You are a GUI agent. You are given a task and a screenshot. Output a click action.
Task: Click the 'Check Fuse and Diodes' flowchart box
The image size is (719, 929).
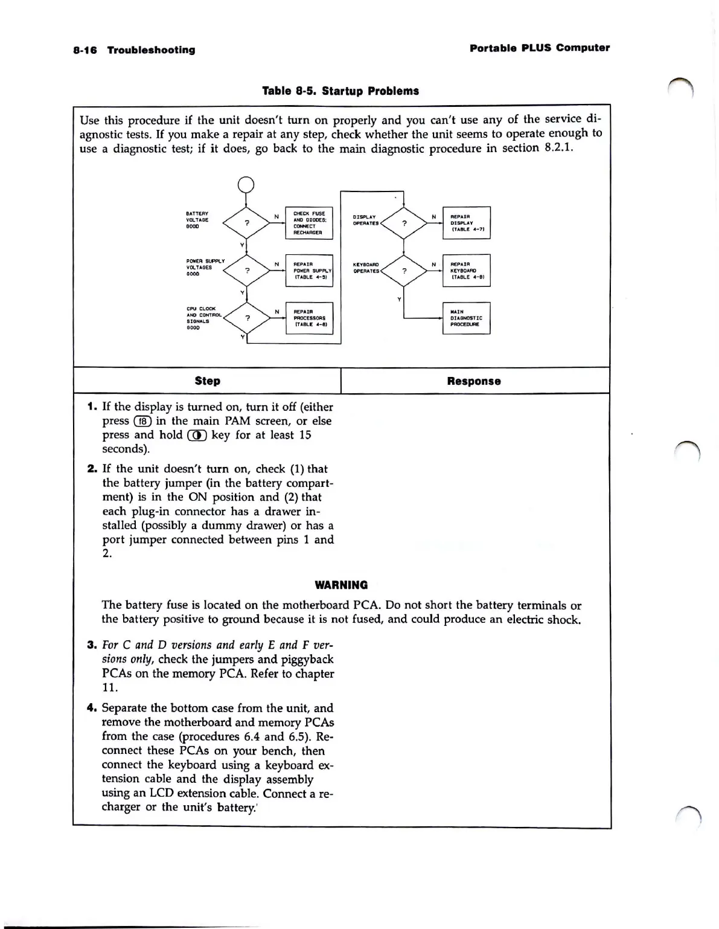(308, 223)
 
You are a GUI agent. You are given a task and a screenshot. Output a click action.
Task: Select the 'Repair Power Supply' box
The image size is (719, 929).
(308, 271)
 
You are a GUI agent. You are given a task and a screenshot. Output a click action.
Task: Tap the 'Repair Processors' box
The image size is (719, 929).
(308, 318)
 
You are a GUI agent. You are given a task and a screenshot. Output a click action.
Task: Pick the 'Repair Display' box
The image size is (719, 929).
(466, 223)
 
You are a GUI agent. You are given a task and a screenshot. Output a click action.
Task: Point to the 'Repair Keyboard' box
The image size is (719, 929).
(466, 271)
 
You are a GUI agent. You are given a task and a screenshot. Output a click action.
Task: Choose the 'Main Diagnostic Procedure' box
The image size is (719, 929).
(466, 318)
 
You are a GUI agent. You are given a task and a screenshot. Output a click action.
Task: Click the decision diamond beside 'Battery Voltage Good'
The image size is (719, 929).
(246, 223)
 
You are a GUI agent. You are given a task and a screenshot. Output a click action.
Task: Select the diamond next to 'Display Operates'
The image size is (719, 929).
(404, 223)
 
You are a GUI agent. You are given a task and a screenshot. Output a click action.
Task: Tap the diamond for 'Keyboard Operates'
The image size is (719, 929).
(404, 271)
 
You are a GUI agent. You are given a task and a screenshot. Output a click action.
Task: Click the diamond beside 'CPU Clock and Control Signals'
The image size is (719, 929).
(247, 317)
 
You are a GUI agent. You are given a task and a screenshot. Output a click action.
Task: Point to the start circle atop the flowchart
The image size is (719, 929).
(246, 184)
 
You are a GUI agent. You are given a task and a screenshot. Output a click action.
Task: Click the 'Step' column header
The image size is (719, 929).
(208, 381)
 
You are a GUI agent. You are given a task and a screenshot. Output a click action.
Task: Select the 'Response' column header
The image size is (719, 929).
(474, 381)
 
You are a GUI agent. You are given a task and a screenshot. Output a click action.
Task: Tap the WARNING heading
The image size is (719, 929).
(341, 585)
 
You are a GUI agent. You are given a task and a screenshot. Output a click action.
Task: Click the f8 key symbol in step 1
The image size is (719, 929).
(142, 421)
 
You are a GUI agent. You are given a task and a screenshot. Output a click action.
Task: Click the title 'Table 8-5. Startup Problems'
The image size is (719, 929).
(340, 91)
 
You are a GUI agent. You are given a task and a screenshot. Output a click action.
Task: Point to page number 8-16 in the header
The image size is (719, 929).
(85, 50)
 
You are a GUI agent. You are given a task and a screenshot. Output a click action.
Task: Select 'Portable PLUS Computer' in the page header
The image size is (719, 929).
(540, 48)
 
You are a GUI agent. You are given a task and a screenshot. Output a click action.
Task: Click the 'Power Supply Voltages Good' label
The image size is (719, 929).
(205, 267)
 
